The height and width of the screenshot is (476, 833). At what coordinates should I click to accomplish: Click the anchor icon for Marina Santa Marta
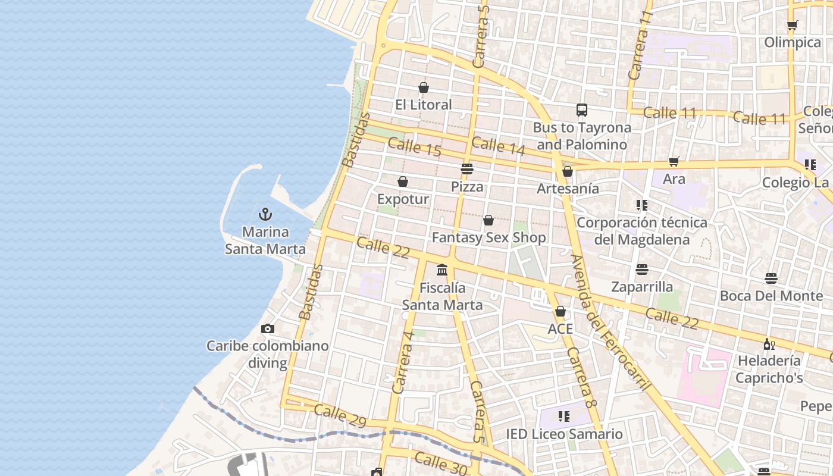[265, 214]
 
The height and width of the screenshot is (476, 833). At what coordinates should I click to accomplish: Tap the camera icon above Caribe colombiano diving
[268, 328]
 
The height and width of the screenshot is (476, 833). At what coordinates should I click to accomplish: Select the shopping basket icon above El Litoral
[424, 87]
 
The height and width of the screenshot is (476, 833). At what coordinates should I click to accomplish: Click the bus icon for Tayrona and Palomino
[582, 110]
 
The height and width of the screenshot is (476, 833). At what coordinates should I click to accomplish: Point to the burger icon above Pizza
[467, 169]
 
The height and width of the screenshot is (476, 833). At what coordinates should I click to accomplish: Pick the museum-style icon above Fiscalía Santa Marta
[442, 270]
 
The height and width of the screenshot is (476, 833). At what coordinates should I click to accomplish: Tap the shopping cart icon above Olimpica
[792, 25]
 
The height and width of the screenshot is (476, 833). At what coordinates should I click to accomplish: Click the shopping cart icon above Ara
[674, 162]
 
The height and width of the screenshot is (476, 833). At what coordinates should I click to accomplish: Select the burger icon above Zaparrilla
[641, 270]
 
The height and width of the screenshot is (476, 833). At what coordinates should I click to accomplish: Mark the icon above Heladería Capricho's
[769, 344]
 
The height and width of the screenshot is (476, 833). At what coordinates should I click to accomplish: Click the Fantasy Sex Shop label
[488, 237]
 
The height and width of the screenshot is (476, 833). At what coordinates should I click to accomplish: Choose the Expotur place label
[403, 199]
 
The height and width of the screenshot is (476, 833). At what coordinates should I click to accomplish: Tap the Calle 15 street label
[415, 147]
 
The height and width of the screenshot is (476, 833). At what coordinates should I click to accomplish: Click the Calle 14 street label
[498, 146]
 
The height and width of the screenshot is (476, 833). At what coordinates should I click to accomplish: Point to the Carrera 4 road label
[403, 362]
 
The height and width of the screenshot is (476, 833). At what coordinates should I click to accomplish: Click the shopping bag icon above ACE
[560, 311]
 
